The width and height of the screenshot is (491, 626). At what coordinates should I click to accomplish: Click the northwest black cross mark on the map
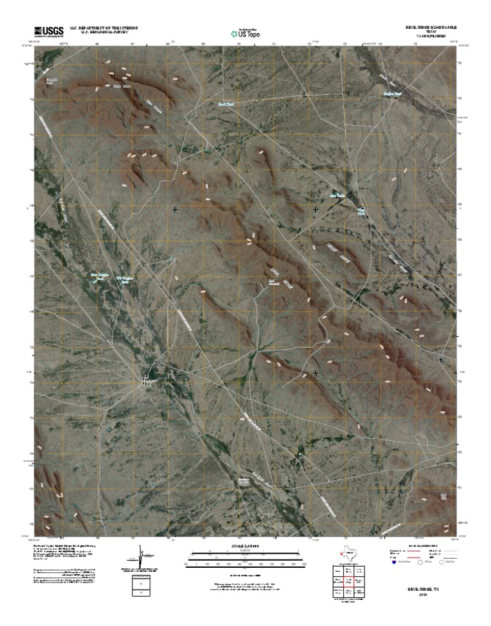[x=175, y=209]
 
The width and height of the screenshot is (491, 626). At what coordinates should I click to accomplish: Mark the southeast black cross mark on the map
[x=316, y=372]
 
